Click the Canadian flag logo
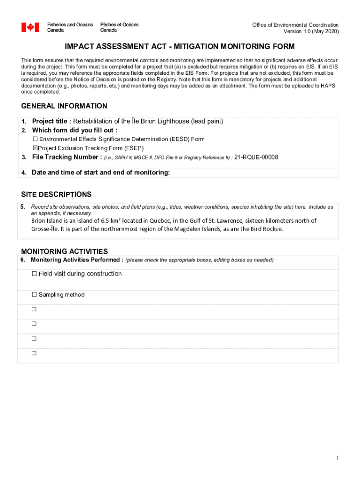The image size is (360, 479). click(30, 27)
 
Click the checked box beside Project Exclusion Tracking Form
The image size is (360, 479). click(35, 148)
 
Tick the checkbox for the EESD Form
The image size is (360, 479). click(35, 139)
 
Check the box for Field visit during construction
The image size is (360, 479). click(34, 274)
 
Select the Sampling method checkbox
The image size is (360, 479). click(34, 295)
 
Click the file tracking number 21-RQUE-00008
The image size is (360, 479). click(256, 157)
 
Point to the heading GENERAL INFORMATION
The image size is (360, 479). click(64, 106)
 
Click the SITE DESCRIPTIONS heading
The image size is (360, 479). click(56, 195)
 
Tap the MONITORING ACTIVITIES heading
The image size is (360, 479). click(65, 252)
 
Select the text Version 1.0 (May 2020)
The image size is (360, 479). click(311, 31)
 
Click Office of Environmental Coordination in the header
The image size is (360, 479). click(295, 25)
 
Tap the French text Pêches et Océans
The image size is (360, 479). click(119, 24)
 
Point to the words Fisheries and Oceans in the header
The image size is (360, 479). click(70, 24)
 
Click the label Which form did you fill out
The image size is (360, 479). click(74, 130)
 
